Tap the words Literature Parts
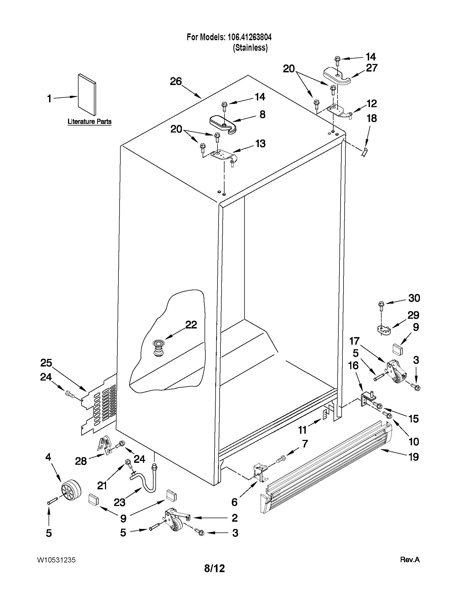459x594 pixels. point(90,121)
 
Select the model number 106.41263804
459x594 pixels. point(248,37)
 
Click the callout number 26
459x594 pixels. point(176,81)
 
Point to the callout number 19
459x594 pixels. point(414,457)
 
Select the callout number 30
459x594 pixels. point(414,298)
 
